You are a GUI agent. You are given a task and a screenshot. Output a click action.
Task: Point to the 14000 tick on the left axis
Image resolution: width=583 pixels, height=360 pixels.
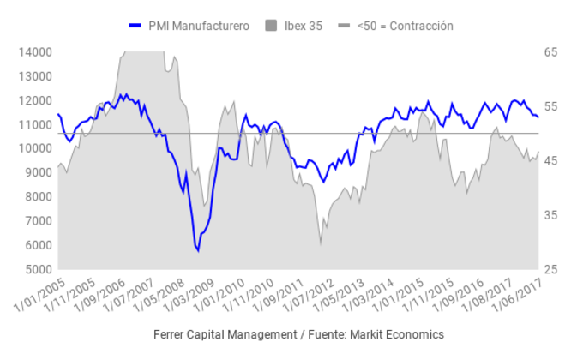pyautogui.click(x=35, y=52)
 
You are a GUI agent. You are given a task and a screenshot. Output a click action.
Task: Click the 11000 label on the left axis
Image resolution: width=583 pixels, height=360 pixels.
pyautogui.click(x=35, y=124)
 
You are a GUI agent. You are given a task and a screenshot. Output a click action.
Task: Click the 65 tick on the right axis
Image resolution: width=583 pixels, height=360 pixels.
pyautogui.click(x=550, y=52)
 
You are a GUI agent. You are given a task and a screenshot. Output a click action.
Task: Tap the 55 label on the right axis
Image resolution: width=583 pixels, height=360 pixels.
pyautogui.click(x=550, y=106)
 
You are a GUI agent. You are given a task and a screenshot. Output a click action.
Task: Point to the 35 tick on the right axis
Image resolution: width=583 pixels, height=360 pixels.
pyautogui.click(x=550, y=215)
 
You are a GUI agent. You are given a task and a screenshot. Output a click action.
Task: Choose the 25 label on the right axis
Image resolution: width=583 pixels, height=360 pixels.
pyautogui.click(x=550, y=269)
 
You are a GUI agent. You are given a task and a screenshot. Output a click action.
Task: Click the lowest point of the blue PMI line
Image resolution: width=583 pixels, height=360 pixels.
pyautogui.click(x=198, y=250)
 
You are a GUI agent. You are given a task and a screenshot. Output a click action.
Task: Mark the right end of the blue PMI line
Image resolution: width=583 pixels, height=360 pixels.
pyautogui.click(x=538, y=117)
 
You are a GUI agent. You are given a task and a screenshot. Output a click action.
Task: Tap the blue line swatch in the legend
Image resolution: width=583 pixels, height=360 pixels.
pyautogui.click(x=135, y=26)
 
